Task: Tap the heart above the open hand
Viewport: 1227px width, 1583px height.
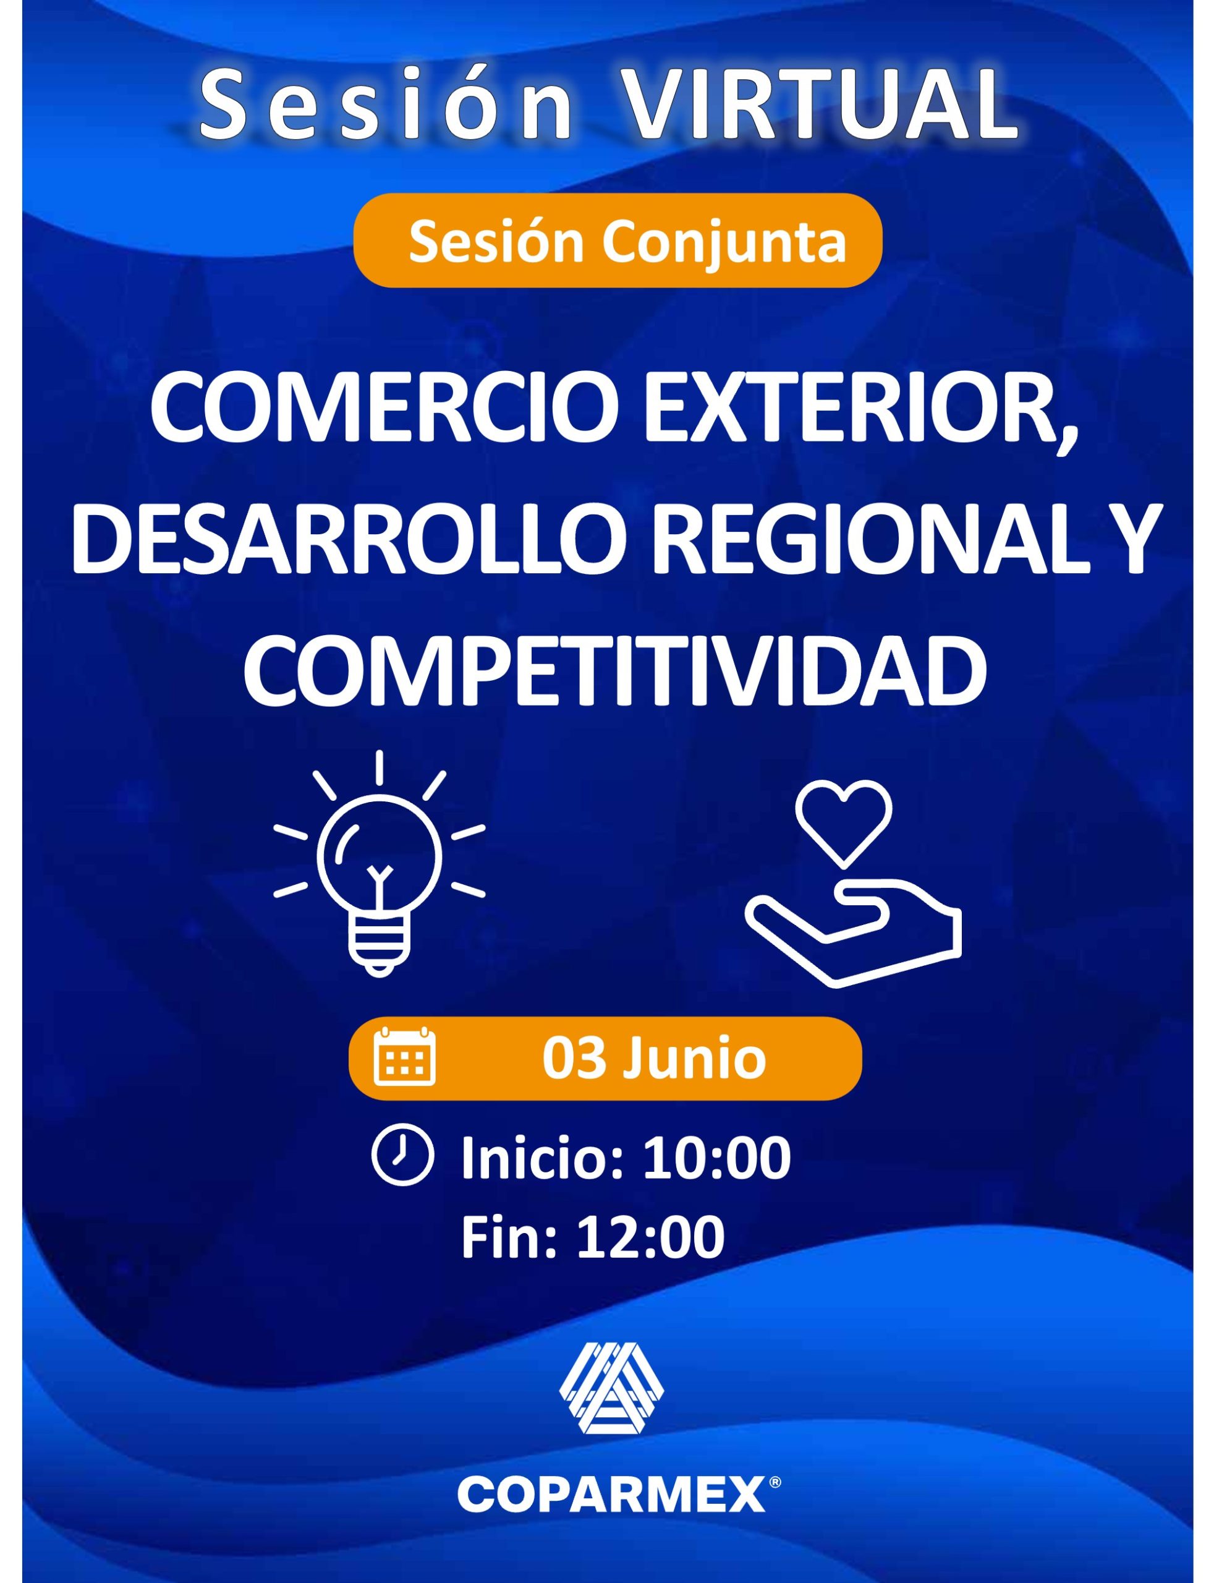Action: [x=843, y=826]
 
